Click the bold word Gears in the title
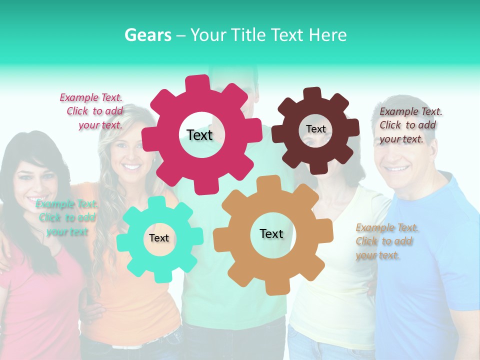(147, 35)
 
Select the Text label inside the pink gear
(199, 135)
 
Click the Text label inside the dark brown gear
(315, 129)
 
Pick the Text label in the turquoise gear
(159, 238)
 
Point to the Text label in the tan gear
(271, 233)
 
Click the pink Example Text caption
(91, 111)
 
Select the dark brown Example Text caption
(410, 125)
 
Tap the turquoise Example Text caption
(66, 217)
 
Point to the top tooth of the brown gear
(312, 93)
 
